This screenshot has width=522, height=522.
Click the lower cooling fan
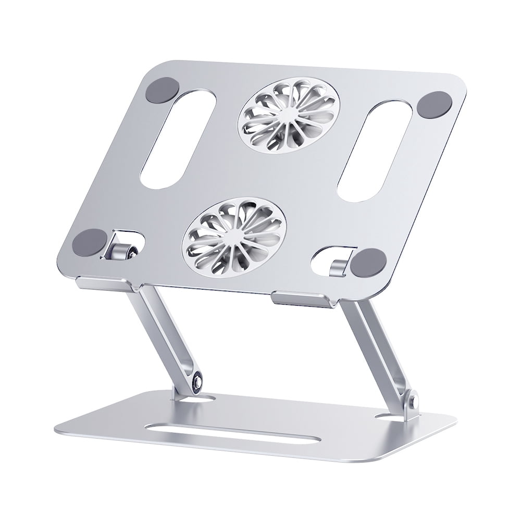pyautogui.click(x=233, y=236)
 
